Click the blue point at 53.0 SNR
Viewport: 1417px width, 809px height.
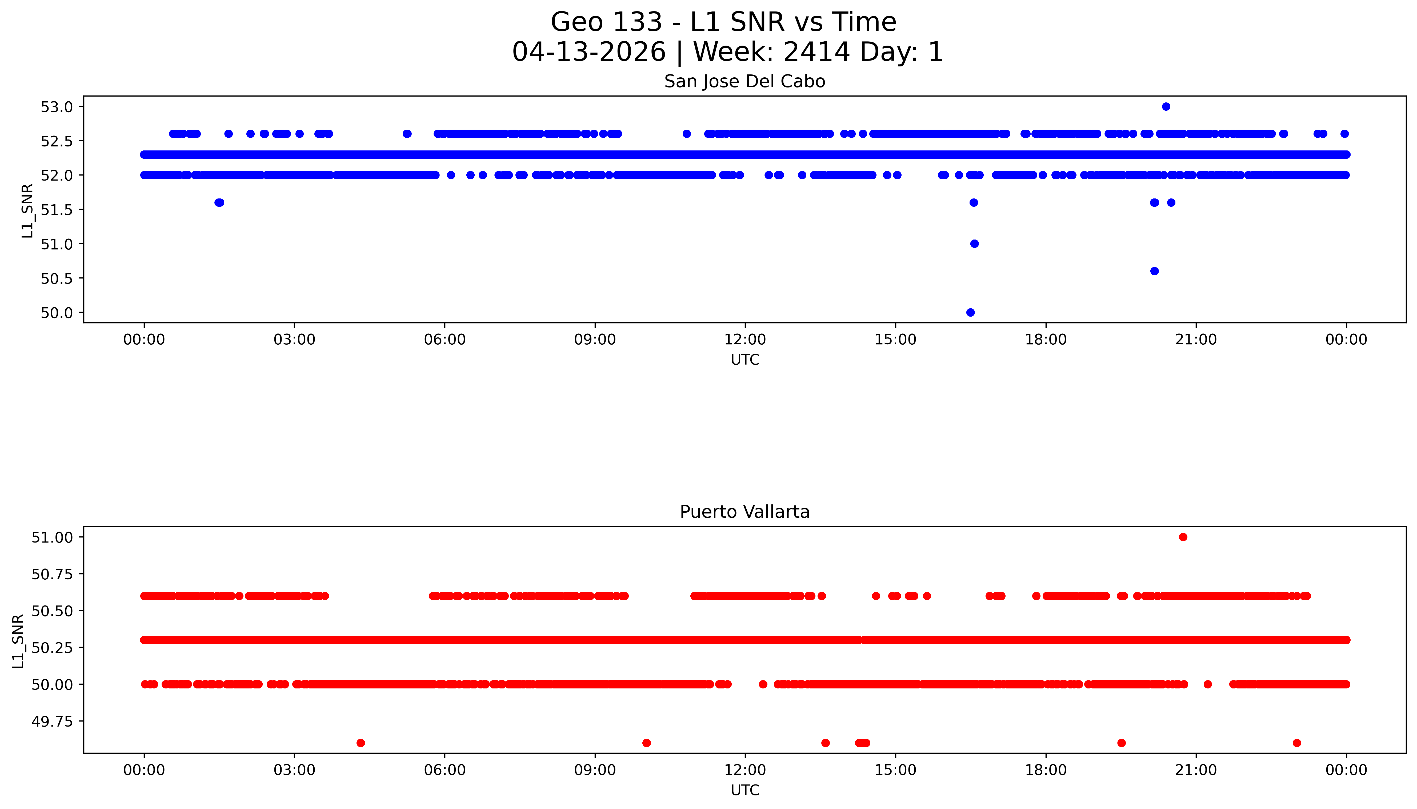tap(1166, 107)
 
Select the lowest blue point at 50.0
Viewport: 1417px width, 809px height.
tap(970, 312)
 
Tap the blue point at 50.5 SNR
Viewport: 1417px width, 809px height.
tap(1154, 271)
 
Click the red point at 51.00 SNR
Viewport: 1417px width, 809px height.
tap(1183, 537)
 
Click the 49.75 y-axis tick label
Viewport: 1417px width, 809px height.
tap(52, 721)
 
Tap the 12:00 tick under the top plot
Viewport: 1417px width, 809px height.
tap(745, 340)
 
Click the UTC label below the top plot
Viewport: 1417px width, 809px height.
tap(745, 360)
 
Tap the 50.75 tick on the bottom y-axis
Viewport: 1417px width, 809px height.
tap(52, 574)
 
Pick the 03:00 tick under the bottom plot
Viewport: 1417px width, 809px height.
tap(294, 770)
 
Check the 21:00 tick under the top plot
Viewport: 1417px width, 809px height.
tap(1196, 340)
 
